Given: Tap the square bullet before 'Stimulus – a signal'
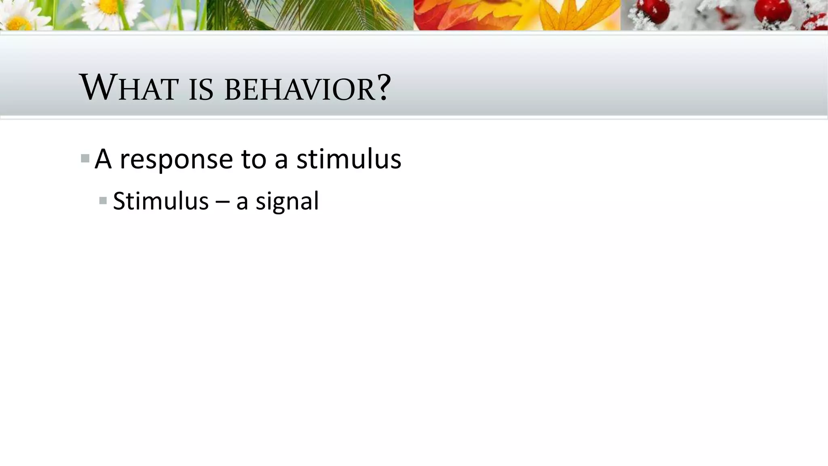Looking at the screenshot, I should tap(103, 200).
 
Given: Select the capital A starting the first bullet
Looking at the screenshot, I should tap(103, 159).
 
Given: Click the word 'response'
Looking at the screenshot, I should tap(176, 159).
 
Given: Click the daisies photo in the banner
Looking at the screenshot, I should tap(103, 15).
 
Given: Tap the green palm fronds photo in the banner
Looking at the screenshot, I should tap(310, 15).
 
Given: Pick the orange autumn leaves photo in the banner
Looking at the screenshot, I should tap(517, 15).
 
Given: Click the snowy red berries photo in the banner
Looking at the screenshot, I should tap(724, 15).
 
